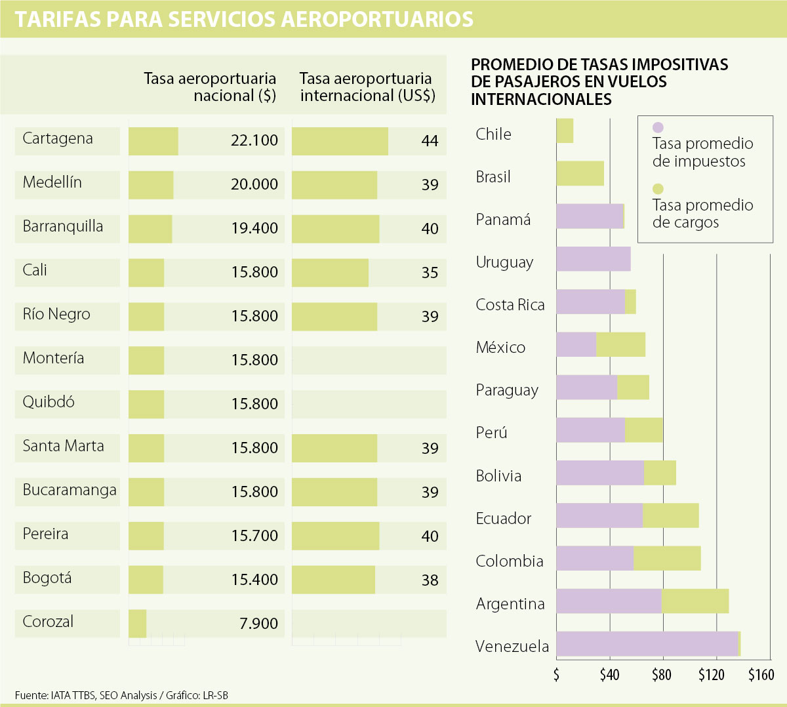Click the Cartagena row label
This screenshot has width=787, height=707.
point(58,139)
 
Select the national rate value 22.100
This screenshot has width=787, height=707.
point(254,140)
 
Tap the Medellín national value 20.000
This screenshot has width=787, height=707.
point(254,184)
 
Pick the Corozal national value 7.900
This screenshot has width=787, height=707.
point(259,624)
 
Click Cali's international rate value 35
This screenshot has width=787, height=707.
point(430,272)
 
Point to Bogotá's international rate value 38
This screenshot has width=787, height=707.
point(430,580)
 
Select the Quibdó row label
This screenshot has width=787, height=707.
point(49,402)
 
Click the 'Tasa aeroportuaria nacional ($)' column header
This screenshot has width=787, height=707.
point(210,87)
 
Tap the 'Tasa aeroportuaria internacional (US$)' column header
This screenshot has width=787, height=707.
point(367,87)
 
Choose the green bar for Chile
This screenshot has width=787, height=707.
point(565,131)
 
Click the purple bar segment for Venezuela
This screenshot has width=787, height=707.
point(647,644)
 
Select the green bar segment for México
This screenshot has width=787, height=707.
point(620,344)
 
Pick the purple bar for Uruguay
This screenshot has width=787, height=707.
point(593,259)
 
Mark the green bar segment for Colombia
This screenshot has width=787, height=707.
point(667,558)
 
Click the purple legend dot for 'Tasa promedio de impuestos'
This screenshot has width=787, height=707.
point(658,128)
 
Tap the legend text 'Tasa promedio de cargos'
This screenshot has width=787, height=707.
point(702,214)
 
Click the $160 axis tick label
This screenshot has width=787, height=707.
point(761,675)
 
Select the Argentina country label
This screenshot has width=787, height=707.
point(510,604)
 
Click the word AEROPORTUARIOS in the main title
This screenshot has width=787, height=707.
point(377,19)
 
